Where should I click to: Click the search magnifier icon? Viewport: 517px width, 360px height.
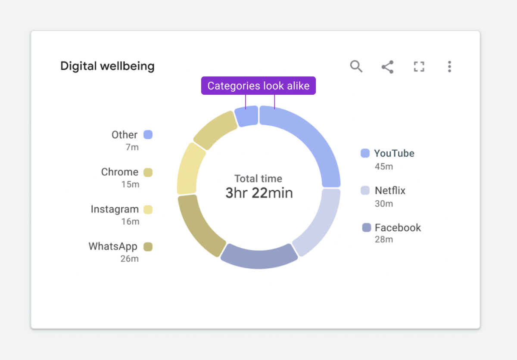(x=356, y=66)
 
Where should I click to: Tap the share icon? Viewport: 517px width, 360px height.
(x=387, y=67)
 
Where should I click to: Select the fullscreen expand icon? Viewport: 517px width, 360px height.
(x=419, y=67)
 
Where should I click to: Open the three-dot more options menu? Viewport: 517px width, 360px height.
(x=449, y=67)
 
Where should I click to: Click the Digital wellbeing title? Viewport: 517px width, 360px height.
(x=107, y=66)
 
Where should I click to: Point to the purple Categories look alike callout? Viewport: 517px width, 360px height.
(x=258, y=86)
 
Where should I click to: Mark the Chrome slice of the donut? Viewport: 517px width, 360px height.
(x=214, y=129)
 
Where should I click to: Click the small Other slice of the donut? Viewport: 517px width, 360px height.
(x=246, y=116)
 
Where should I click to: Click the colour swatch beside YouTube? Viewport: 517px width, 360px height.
(x=365, y=153)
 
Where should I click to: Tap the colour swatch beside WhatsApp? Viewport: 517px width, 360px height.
(x=148, y=247)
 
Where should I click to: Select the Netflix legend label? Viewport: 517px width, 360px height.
(x=390, y=190)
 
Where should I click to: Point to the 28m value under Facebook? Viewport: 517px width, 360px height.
(x=383, y=239)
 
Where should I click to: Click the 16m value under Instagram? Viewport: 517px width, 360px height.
(x=130, y=222)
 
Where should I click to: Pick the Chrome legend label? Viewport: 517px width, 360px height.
(x=120, y=172)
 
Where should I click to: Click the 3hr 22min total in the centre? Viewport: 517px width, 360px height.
(x=259, y=192)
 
